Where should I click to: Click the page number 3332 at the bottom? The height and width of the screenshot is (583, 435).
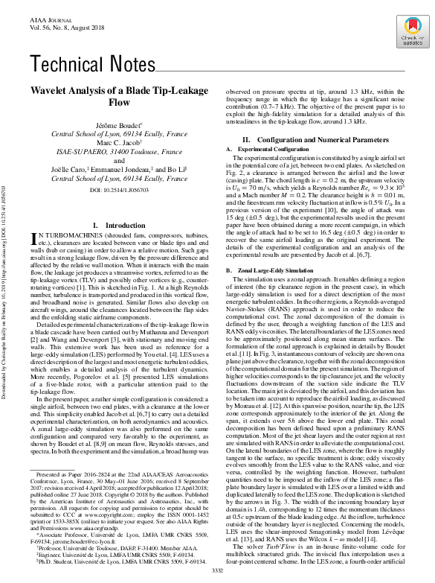point(218,570)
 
